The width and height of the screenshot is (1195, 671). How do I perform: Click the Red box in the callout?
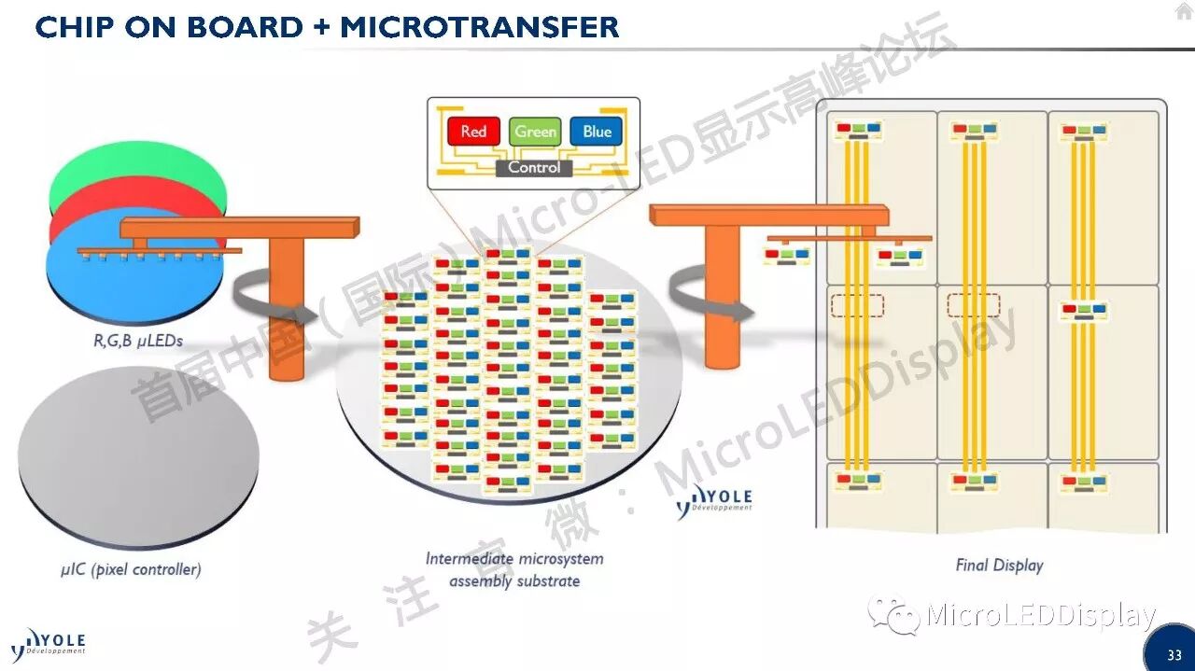(x=473, y=132)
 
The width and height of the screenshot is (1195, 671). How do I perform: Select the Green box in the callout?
(x=535, y=132)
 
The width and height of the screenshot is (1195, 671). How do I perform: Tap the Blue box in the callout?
(x=597, y=132)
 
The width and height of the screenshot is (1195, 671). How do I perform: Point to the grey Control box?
(x=534, y=168)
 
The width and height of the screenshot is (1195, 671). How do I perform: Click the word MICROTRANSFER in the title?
(x=479, y=26)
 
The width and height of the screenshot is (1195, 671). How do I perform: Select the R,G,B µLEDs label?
(x=136, y=342)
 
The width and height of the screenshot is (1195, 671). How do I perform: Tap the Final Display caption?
(x=999, y=565)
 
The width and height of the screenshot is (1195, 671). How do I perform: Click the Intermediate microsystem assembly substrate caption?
(x=514, y=569)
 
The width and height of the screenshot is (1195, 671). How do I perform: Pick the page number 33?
(x=1174, y=655)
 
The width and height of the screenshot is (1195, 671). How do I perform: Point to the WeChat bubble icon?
(x=892, y=614)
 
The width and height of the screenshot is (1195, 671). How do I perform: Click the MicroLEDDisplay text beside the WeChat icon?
(x=1041, y=616)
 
